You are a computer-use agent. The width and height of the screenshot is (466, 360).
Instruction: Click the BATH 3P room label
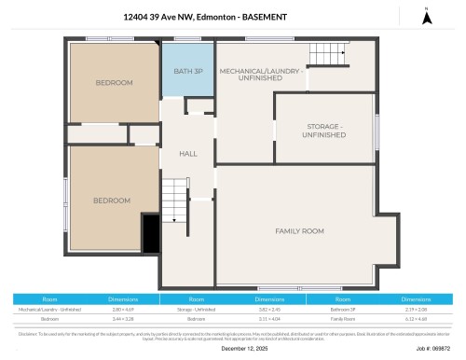pyautogui.click(x=188, y=72)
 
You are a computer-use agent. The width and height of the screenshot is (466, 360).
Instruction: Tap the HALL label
pyautogui.click(x=188, y=154)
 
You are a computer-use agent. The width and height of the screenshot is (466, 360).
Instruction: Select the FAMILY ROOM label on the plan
pyautogui.click(x=298, y=230)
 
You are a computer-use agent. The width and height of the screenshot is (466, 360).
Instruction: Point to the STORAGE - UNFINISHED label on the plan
pyautogui.click(x=323, y=130)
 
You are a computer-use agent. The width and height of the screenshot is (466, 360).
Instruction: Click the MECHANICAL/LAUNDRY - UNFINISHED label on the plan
pyautogui.click(x=261, y=75)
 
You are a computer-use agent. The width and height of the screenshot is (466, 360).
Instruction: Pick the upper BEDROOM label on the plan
pyautogui.click(x=114, y=83)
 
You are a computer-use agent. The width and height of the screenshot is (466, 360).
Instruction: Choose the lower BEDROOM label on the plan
pyautogui.click(x=111, y=201)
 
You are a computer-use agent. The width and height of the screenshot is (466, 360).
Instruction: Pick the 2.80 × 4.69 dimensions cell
pyautogui.click(x=123, y=309)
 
